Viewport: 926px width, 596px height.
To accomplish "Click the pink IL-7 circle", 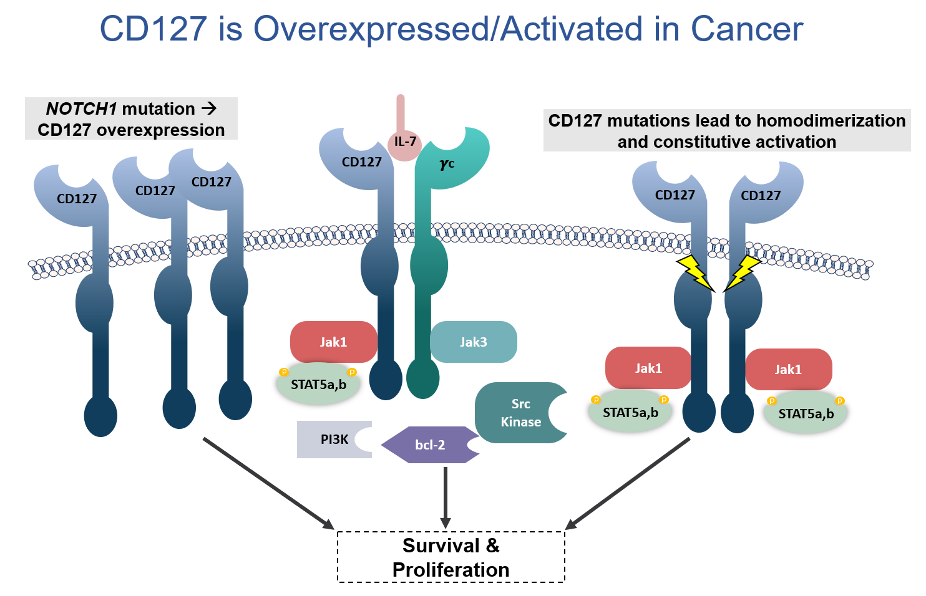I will click(404, 143).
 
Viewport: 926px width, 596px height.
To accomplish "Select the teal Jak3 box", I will click(473, 342).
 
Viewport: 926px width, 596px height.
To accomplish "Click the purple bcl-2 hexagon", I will click(430, 445).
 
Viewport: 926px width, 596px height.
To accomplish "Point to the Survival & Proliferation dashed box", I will click(451, 557).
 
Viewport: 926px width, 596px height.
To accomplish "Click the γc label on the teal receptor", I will click(447, 164).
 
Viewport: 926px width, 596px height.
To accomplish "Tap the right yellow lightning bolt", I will click(742, 272).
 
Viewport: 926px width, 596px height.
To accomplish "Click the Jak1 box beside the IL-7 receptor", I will click(333, 342).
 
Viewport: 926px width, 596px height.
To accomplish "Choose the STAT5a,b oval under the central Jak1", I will click(318, 385).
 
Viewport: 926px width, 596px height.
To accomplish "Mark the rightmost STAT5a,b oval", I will click(806, 413).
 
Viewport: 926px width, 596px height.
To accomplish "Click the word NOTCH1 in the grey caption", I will click(81, 109).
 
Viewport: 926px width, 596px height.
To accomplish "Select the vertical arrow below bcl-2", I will click(445, 496).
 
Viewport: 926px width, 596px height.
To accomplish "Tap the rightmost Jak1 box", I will click(788, 369).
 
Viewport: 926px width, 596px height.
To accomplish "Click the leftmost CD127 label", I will click(77, 199).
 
